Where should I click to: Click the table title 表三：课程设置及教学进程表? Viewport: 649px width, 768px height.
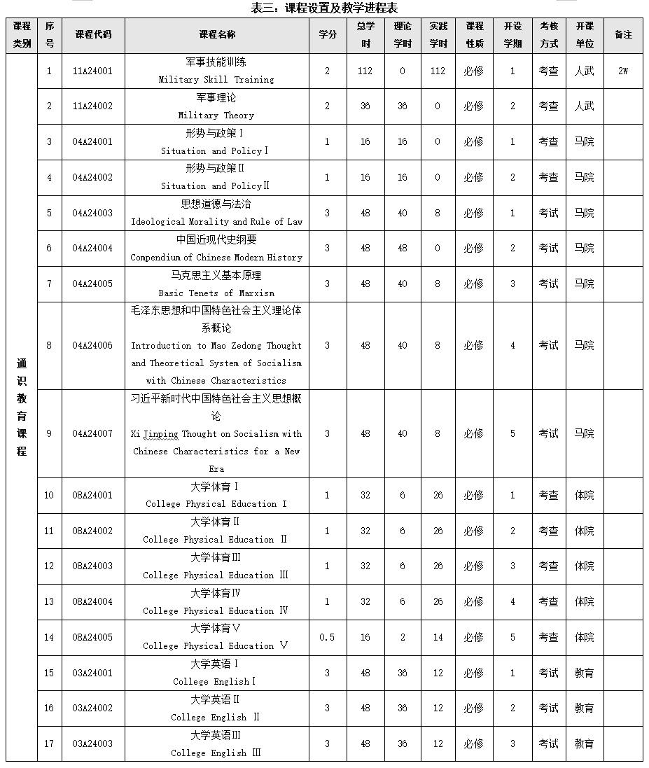click(324, 8)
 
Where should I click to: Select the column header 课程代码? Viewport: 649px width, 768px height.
click(92, 34)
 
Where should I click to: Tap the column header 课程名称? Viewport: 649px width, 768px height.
click(217, 34)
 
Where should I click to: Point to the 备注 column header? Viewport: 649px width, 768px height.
click(622, 34)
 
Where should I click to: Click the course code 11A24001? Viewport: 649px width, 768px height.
click(92, 71)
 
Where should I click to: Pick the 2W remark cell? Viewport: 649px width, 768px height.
click(622, 71)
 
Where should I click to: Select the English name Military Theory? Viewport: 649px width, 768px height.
click(216, 115)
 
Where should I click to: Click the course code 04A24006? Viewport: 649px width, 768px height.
click(92, 345)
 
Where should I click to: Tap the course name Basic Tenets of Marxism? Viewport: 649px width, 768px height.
click(216, 293)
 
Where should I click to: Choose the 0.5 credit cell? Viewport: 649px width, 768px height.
click(327, 637)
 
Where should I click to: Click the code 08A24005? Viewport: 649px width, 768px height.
click(92, 637)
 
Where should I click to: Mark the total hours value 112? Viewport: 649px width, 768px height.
click(365, 71)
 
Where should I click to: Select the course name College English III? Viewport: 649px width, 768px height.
click(216, 753)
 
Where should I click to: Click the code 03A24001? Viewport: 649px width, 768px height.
click(92, 673)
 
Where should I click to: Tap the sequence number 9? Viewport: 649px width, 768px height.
click(49, 433)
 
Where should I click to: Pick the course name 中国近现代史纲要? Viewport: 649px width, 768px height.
click(216, 239)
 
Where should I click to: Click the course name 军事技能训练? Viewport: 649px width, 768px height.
click(216, 62)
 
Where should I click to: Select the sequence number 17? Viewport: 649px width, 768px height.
click(49, 743)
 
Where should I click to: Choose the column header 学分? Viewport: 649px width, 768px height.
click(327, 34)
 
